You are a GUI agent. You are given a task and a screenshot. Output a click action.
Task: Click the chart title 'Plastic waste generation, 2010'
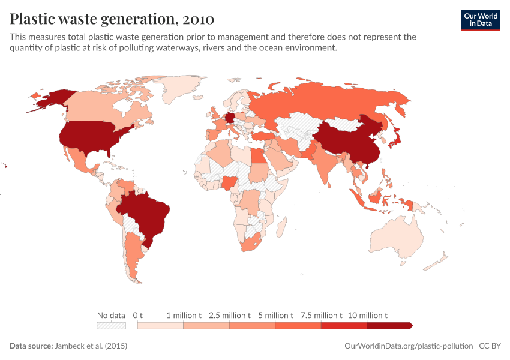112,19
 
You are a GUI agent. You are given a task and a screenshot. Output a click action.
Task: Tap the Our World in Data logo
480,20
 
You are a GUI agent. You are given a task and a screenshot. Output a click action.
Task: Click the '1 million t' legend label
184,315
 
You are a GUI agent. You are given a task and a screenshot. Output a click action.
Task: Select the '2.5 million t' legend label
229,315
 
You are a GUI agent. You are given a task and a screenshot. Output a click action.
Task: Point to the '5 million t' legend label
275,315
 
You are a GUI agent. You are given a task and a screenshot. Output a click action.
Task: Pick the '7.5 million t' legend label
321,315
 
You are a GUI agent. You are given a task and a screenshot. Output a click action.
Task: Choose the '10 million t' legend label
367,315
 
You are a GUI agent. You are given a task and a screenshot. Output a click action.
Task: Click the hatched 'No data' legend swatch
111,325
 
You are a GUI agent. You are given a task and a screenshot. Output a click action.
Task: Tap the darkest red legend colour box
389,325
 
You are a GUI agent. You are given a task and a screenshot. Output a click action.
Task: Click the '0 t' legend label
137,315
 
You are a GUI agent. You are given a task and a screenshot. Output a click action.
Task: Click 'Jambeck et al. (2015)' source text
91,346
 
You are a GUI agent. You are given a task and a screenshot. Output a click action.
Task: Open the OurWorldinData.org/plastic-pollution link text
409,346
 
